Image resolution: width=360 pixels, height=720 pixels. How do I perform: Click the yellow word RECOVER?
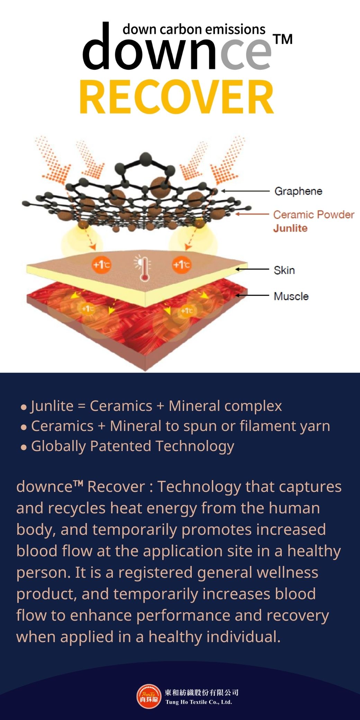[x=177, y=97]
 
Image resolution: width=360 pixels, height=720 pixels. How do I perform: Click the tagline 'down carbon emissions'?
[x=194, y=29]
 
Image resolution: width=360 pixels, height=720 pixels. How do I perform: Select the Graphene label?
[x=298, y=191]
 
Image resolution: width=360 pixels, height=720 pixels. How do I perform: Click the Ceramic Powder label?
[x=314, y=215]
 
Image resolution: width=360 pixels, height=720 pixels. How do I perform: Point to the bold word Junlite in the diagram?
[x=290, y=228]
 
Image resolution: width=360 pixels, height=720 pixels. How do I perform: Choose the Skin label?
[x=284, y=270]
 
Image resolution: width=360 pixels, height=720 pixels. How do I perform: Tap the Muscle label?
[x=291, y=296]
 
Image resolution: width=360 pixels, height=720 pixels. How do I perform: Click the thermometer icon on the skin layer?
[x=143, y=268]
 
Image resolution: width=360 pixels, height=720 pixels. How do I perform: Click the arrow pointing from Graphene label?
[x=245, y=191]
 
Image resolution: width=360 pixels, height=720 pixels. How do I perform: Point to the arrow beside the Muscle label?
[x=252, y=295]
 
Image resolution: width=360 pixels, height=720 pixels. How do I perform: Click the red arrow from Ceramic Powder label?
[x=252, y=214]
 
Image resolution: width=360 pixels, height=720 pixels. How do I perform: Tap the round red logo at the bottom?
[x=149, y=696]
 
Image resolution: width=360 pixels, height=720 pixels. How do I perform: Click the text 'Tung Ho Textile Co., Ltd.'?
[x=199, y=702]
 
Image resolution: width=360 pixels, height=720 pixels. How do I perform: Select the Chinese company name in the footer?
[x=202, y=692]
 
